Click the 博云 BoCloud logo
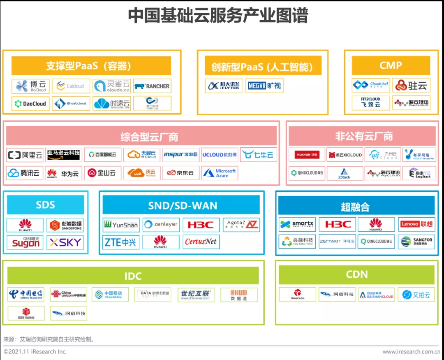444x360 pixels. [x=30, y=86]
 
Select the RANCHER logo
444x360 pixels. [x=152, y=86]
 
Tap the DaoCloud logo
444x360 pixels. [x=30, y=104]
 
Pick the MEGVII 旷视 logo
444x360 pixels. [x=264, y=86]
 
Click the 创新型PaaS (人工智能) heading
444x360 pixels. [x=262, y=67]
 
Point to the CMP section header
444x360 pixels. [x=391, y=65]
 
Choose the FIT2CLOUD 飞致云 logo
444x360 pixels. [x=371, y=102]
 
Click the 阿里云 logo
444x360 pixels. [x=25, y=155]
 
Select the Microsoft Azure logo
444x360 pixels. [x=220, y=173]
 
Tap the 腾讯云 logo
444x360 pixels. [x=24, y=173]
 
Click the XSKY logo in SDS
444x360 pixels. [x=65, y=242]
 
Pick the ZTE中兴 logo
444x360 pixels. [x=121, y=242]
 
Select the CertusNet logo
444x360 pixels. [x=201, y=242]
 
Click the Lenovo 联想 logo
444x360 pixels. [x=416, y=225]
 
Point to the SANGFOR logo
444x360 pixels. [x=416, y=242]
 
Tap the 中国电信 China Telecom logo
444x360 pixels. [x=25, y=294]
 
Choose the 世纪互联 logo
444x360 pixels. [x=195, y=294]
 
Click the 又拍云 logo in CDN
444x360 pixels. [x=416, y=295]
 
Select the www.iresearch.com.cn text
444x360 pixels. [x=411, y=352]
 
